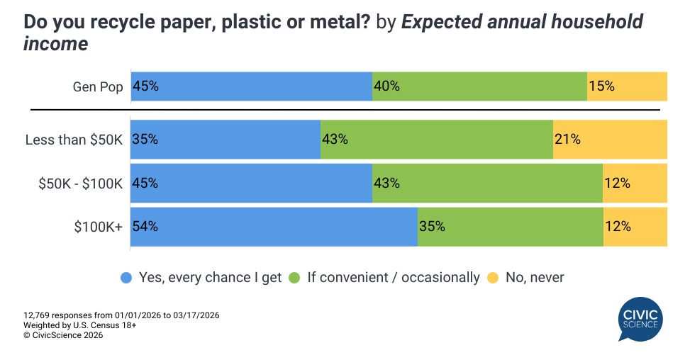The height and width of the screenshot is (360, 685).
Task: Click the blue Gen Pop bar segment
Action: (x=252, y=86)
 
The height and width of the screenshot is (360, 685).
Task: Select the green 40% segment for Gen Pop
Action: (x=479, y=86)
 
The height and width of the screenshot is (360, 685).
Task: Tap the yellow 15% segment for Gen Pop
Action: (x=627, y=86)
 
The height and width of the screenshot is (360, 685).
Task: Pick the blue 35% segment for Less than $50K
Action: (x=225, y=140)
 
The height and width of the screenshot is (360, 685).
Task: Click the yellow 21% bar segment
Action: (x=610, y=140)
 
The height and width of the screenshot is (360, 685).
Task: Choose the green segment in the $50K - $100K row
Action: (x=487, y=183)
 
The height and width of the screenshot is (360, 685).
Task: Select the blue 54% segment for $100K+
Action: (x=274, y=227)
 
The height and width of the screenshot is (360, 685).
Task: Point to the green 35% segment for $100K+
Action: (x=511, y=227)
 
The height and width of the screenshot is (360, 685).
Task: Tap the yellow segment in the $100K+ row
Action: (x=635, y=227)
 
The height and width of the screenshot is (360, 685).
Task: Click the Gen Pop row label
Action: (x=98, y=87)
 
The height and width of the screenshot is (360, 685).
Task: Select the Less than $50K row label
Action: (x=74, y=140)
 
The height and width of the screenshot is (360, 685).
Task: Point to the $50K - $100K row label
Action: (x=81, y=184)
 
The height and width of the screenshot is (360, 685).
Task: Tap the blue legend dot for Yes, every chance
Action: (x=126, y=278)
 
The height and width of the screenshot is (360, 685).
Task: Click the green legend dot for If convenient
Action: (x=294, y=278)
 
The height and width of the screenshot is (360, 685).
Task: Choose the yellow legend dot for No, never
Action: (x=493, y=278)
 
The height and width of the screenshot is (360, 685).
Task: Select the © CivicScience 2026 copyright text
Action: (x=63, y=336)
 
